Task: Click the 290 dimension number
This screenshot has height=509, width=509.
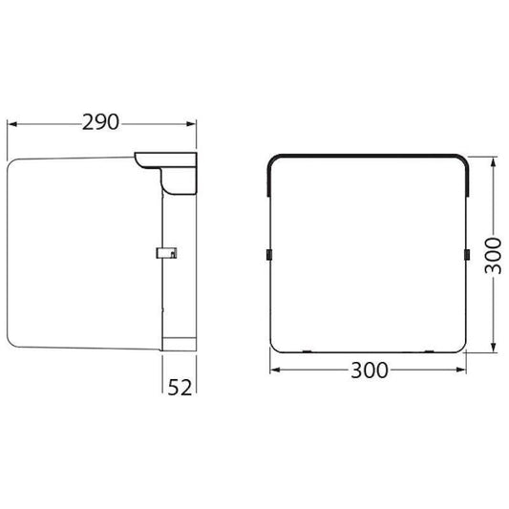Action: pyautogui.click(x=100, y=123)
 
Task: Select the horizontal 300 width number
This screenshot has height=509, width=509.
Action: pyautogui.click(x=369, y=371)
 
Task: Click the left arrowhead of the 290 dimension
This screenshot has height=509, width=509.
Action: pyautogui.click(x=12, y=124)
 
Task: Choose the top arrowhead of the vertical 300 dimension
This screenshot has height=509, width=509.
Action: pyautogui.click(x=493, y=160)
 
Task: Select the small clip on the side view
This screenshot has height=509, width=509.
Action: pyautogui.click(x=167, y=253)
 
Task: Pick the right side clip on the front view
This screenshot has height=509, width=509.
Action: pyautogui.click(x=468, y=254)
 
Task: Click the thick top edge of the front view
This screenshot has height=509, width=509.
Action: pyautogui.click(x=368, y=156)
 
